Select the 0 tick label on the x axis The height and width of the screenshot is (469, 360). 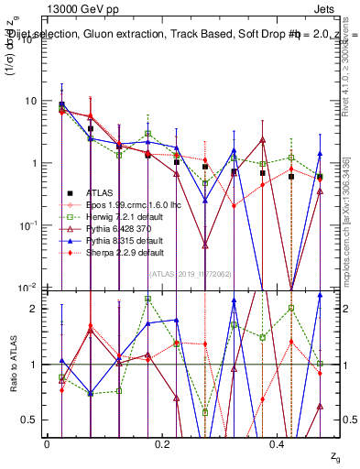pos(47,443)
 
